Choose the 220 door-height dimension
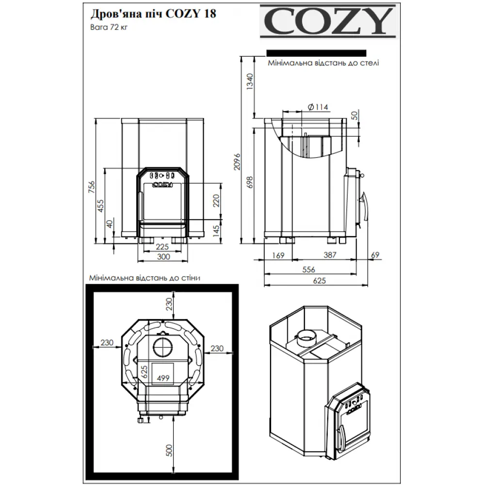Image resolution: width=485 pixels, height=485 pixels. [217, 200]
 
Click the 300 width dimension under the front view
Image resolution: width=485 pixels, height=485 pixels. [162, 257]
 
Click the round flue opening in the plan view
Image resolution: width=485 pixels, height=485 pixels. [161, 347]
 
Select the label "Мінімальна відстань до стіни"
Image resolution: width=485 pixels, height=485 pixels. [145, 278]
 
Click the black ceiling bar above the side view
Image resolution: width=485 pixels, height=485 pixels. [316, 53]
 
